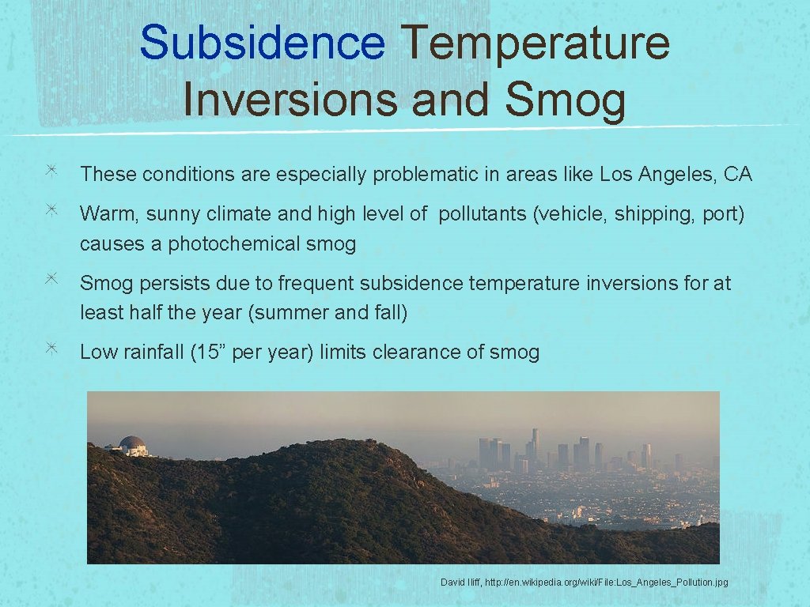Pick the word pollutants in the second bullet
point(483,214)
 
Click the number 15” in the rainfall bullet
point(212,353)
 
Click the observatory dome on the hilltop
point(132,444)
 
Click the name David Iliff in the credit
point(459,582)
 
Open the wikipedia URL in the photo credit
point(606,582)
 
